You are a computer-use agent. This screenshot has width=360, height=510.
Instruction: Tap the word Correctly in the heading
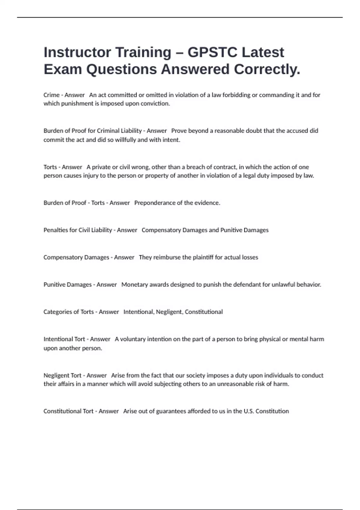(267, 69)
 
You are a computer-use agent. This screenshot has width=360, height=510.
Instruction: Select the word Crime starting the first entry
(51, 95)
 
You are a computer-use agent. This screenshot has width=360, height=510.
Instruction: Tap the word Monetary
(134, 285)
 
